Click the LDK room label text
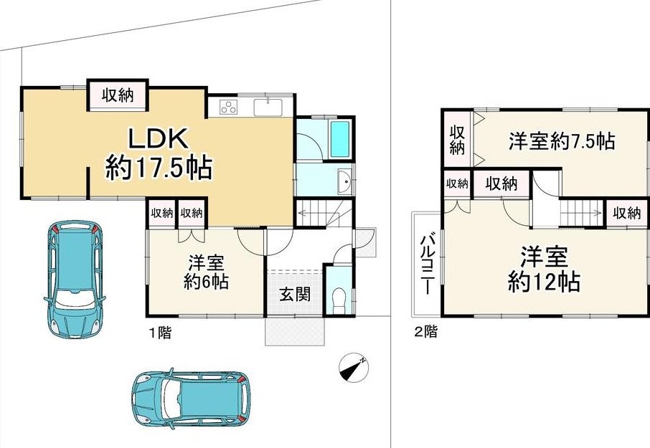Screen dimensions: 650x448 158,139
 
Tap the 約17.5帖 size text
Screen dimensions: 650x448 159,168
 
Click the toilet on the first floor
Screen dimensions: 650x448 339,300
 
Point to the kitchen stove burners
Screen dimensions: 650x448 228,107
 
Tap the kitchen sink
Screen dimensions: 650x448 268,108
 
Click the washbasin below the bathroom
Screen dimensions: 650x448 344,182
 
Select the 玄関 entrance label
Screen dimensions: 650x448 295,295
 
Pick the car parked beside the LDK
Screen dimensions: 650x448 75,279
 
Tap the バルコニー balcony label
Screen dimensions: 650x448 428,264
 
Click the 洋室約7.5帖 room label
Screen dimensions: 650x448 562,141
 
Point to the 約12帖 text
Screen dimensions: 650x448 544,282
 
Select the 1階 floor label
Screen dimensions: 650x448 160,333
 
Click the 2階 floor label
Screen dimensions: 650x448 425,332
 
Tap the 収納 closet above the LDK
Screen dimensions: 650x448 118,95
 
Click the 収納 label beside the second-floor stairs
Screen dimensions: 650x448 627,213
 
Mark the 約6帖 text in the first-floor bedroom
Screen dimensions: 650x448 206,282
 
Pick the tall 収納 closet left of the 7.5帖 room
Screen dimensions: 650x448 457,140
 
